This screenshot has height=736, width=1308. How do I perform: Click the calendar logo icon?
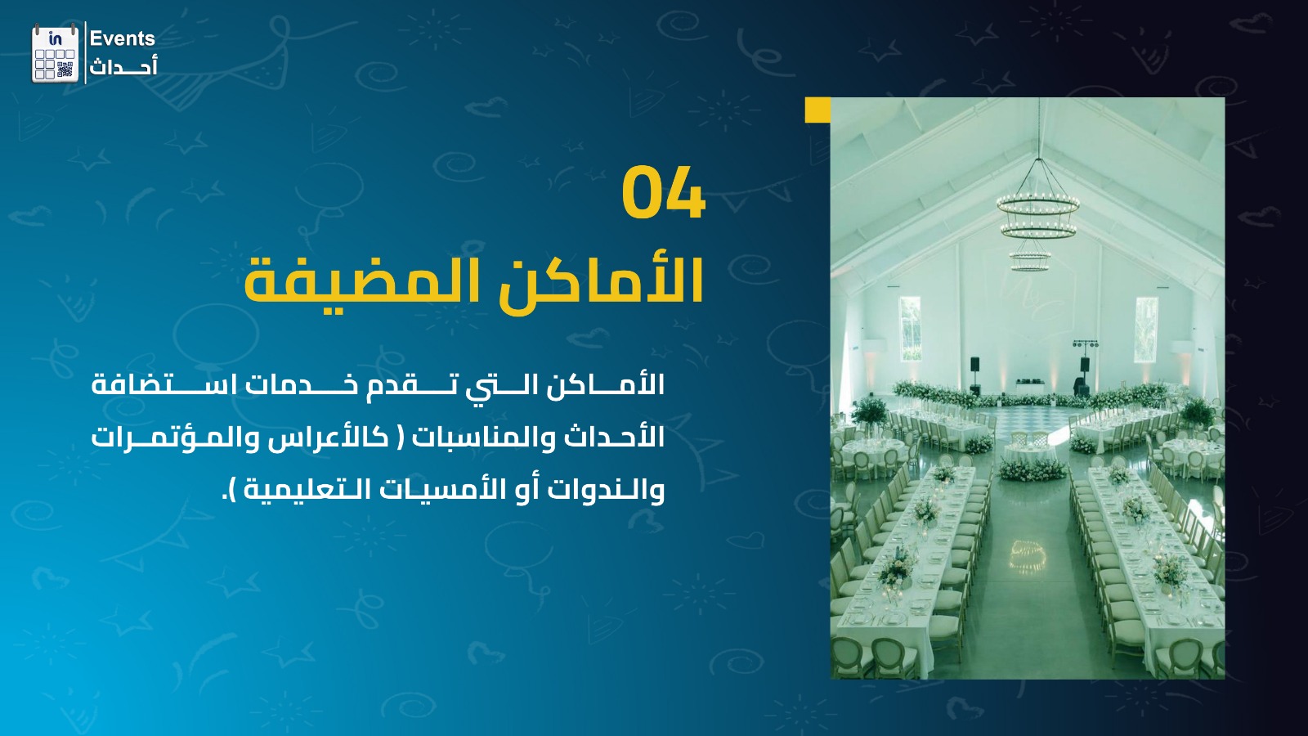[55, 53]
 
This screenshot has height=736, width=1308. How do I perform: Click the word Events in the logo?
[122, 38]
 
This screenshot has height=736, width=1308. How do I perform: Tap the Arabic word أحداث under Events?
[123, 66]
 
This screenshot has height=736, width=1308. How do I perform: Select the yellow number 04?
[663, 192]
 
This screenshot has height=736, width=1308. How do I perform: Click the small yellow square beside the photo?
[817, 110]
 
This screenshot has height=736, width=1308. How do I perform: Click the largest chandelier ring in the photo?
[1038, 206]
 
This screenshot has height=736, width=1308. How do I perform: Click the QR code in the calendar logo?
[65, 70]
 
